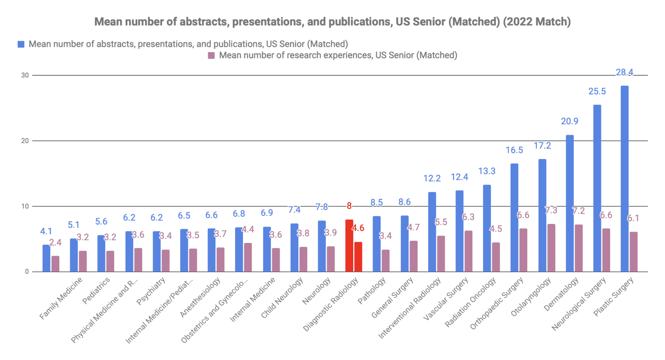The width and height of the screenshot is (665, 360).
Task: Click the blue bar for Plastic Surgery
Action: (624, 178)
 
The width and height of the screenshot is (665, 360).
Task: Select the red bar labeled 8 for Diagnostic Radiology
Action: (349, 246)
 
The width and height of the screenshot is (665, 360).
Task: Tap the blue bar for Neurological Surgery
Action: (597, 188)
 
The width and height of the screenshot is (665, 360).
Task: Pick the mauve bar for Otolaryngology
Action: (551, 248)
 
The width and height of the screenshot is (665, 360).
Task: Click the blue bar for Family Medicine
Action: (46, 258)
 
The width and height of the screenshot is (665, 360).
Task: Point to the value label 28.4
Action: (624, 72)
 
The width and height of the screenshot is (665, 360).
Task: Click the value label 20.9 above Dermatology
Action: (569, 121)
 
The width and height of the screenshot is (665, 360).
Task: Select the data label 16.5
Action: (514, 150)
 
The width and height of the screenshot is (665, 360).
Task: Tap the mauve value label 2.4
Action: (55, 243)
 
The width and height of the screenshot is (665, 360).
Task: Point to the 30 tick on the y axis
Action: (25, 75)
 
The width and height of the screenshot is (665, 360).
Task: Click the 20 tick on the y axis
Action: (25, 141)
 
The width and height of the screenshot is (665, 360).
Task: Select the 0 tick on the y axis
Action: (27, 272)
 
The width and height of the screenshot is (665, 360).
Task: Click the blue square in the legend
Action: (21, 44)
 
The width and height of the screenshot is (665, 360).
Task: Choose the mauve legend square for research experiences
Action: (211, 55)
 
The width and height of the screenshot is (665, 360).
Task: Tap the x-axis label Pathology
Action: (372, 291)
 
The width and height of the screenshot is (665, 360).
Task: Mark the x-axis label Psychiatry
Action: (151, 291)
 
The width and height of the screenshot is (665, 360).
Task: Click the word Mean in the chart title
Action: (106, 22)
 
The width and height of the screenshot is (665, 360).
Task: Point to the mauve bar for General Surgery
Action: (413, 256)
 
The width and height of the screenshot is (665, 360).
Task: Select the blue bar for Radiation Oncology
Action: (487, 228)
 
